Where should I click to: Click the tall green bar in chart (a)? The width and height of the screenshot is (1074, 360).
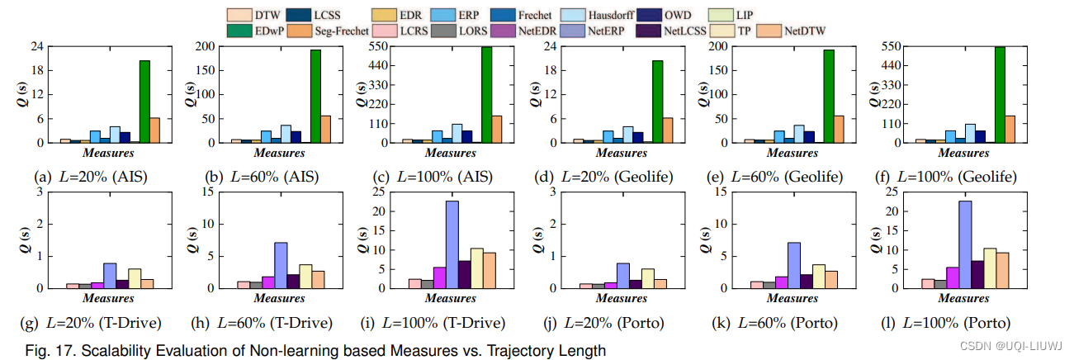coord(144,101)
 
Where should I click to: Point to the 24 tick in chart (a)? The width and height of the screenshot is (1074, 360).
coord(37,46)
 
